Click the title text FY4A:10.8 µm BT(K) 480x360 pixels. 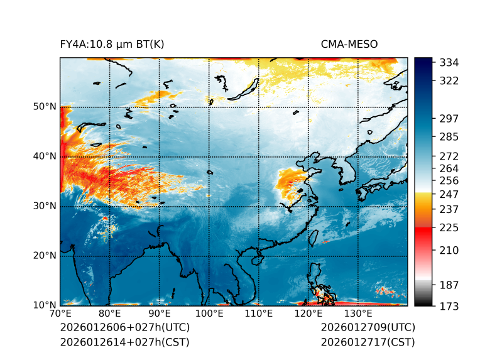click(x=112, y=44)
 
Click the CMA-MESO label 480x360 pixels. click(x=349, y=44)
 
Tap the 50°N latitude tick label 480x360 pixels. click(x=44, y=107)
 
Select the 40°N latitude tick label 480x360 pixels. click(x=44, y=156)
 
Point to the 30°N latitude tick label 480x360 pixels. click(x=44, y=206)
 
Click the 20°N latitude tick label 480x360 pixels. click(x=44, y=256)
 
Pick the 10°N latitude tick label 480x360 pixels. click(x=44, y=305)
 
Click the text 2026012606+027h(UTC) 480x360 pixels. click(x=124, y=328)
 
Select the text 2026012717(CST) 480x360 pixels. click(x=368, y=342)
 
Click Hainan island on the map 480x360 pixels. click(x=256, y=259)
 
